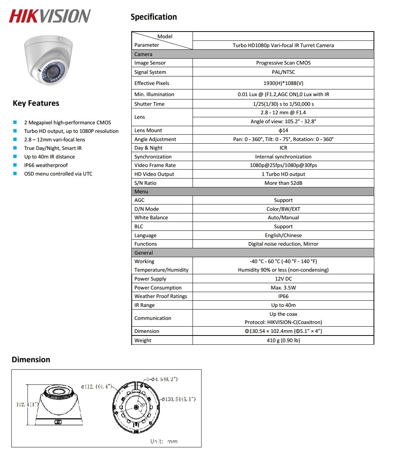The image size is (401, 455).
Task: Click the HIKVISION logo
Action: (50, 16)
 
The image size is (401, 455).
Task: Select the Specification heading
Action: (154, 17)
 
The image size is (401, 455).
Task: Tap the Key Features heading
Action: (36, 103)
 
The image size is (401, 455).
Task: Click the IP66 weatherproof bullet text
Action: (46, 165)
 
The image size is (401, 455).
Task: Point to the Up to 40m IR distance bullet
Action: (49, 157)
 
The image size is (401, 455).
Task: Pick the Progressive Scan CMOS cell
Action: (283, 63)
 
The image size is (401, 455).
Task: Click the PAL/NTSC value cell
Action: (283, 72)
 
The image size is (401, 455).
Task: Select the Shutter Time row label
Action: (149, 104)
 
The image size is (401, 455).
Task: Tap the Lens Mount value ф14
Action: (283, 130)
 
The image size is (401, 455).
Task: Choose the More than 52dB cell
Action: (283, 183)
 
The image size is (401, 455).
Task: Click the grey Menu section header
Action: (252, 192)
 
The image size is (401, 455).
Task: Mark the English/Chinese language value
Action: (283, 235)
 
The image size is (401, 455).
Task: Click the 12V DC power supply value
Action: (283, 279)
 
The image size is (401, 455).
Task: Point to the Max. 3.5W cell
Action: (283, 288)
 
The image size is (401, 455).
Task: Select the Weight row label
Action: (143, 340)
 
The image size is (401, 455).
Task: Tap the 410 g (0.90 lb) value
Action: (283, 340)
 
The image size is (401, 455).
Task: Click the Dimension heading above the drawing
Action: (31, 360)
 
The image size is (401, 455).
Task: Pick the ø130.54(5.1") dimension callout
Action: (178, 399)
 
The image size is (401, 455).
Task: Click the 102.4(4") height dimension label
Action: (27, 405)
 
